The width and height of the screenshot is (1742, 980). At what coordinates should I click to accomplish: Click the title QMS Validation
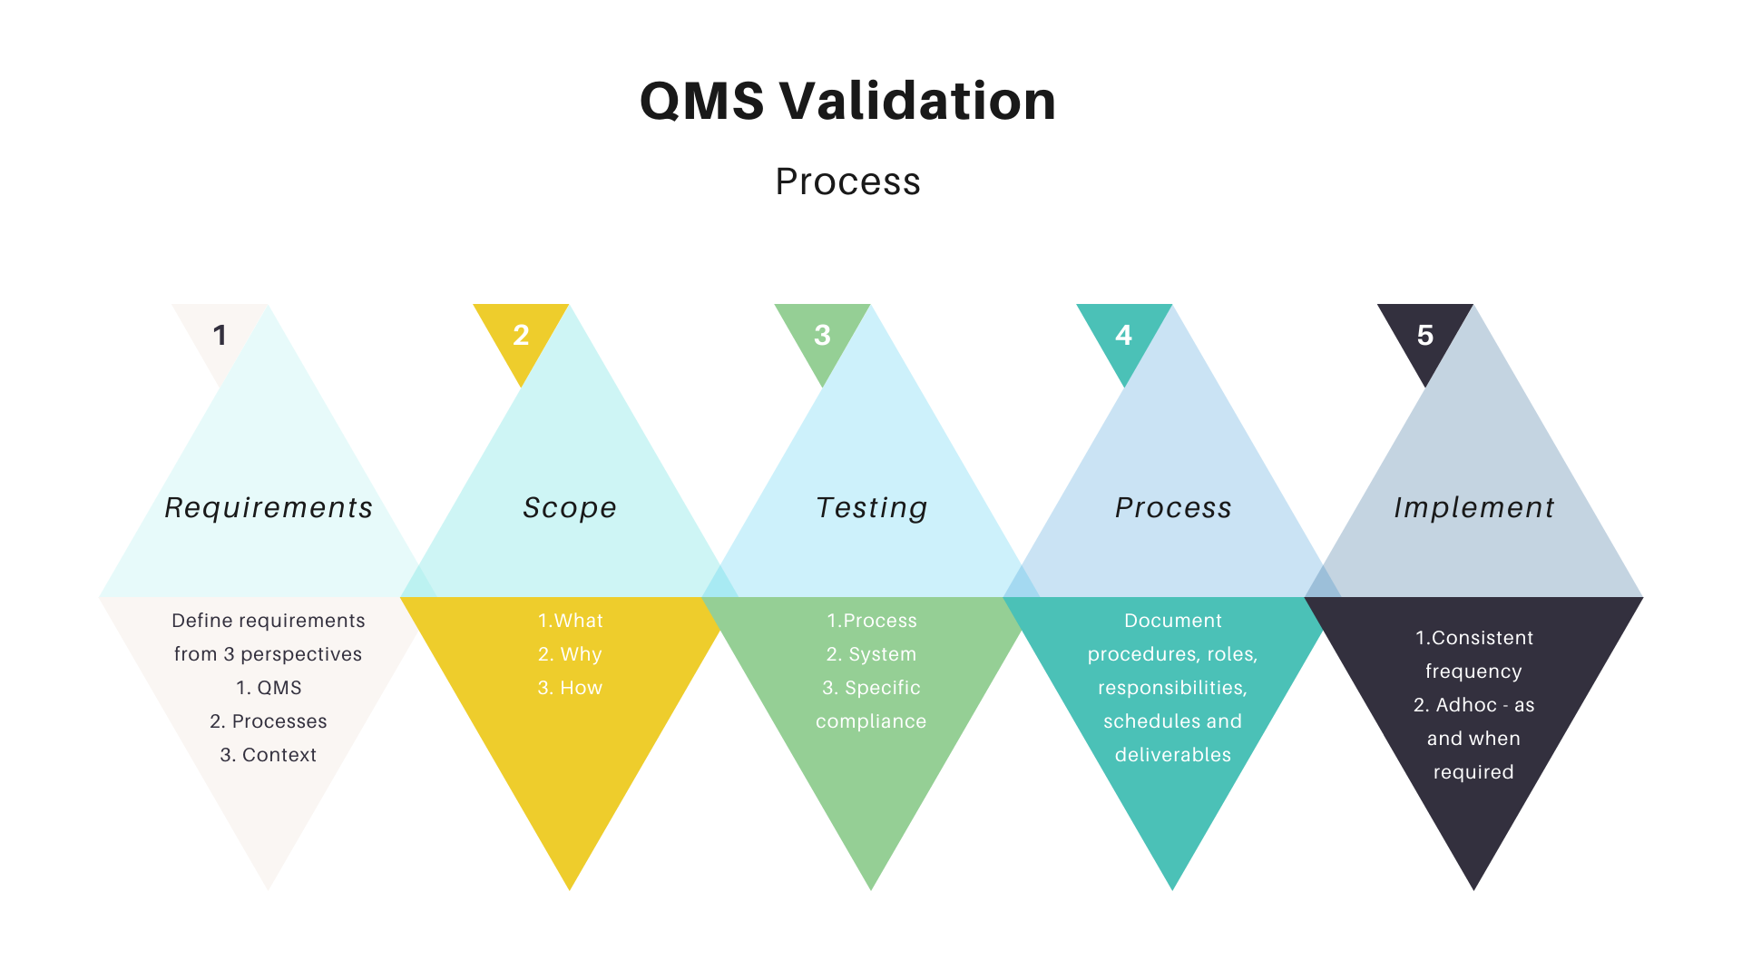(847, 100)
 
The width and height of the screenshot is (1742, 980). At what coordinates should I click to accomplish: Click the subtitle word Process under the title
(847, 181)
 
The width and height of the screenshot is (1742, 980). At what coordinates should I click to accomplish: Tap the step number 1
(220, 335)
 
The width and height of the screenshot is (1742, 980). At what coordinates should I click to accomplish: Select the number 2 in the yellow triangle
(521, 335)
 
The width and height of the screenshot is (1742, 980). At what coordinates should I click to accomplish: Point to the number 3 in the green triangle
(822, 335)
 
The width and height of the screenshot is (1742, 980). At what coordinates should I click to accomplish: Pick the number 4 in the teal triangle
(1123, 335)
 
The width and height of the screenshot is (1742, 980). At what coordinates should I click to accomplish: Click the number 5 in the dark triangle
(1424, 335)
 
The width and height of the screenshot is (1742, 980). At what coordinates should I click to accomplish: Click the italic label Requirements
(269, 507)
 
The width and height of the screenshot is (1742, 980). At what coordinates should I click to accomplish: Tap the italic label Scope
(570, 507)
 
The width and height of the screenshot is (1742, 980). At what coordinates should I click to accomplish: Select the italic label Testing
(871, 507)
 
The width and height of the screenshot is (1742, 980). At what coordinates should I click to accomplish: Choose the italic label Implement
(1473, 507)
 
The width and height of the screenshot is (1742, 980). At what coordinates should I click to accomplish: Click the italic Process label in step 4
(1172, 507)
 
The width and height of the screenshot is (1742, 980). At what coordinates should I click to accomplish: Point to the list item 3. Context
(269, 755)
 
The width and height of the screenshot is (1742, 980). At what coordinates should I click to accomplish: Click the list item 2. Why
(570, 654)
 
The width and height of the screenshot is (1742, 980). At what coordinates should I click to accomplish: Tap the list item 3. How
(570, 688)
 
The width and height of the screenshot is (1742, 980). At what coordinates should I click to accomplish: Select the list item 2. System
(871, 654)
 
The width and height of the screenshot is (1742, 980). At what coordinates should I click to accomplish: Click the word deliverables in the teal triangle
(1172, 755)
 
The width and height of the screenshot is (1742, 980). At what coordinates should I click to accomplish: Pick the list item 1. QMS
(269, 688)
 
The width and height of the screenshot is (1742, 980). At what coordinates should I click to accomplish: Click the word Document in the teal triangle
(1172, 621)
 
